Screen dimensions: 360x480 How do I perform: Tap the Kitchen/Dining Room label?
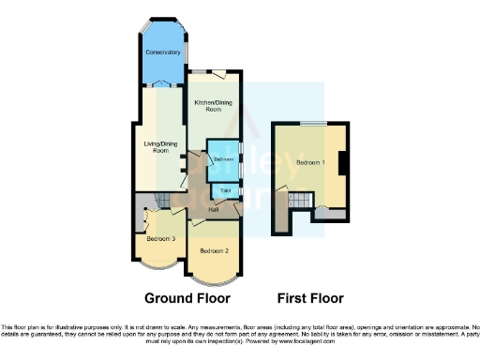coord(214,106)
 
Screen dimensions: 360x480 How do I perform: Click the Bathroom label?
coord(223,160)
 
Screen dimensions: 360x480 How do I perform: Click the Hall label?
coord(215,208)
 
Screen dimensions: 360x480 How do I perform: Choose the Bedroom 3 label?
coord(161,239)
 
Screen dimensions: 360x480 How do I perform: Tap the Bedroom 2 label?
coord(215,251)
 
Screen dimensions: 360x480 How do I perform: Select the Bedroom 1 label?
coord(311,163)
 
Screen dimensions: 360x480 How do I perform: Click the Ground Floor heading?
coord(187,299)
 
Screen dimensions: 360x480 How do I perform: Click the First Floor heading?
coord(310,299)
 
